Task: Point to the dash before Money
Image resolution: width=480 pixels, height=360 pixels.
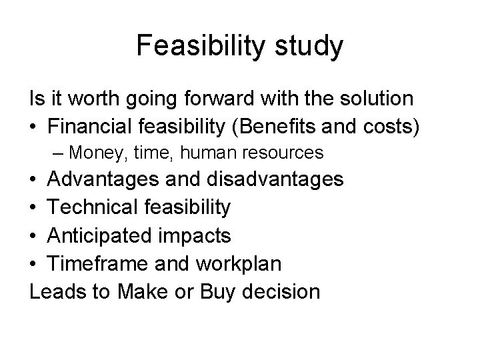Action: coord(58,153)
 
